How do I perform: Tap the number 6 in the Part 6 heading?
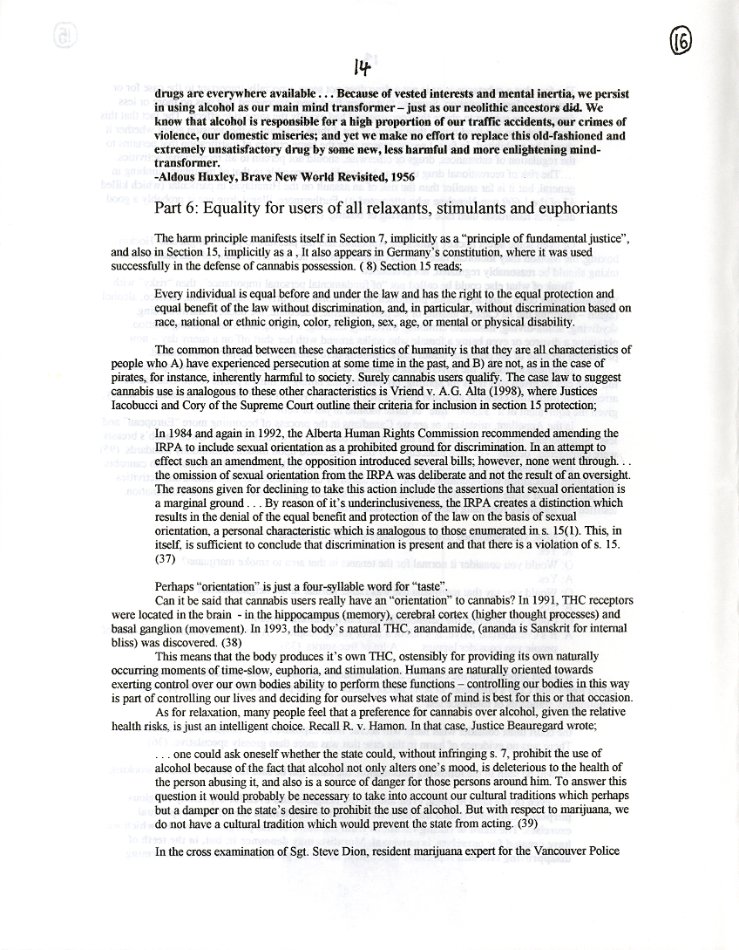point(193,208)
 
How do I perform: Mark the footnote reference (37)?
point(166,558)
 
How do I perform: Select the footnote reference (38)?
point(231,643)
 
